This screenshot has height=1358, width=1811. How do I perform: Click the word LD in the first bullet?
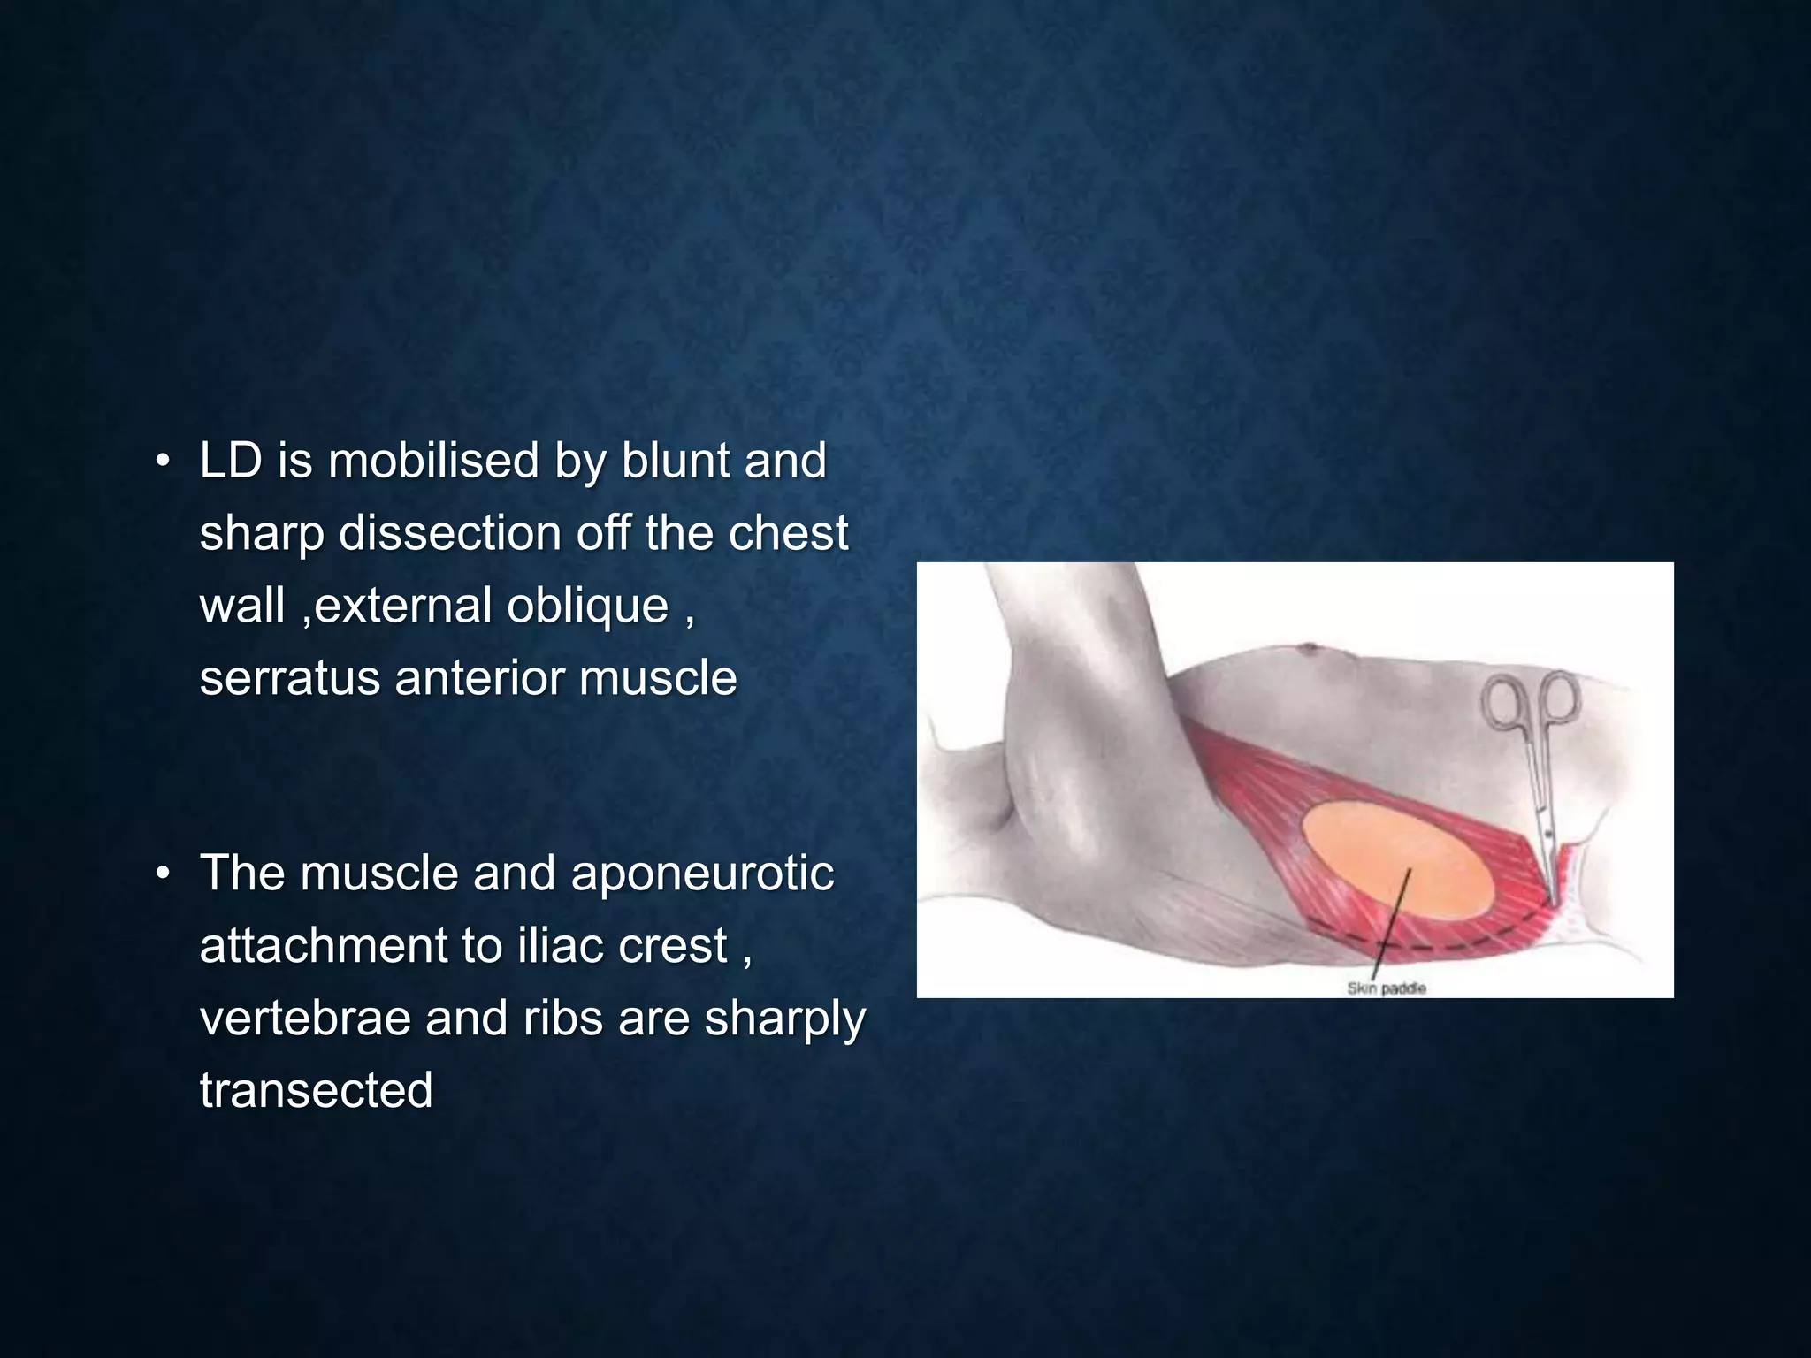pos(231,462)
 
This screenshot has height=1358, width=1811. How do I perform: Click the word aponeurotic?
pos(702,874)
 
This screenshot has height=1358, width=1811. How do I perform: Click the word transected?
pos(316,1091)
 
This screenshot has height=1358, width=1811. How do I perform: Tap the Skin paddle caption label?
pos(1386,988)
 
